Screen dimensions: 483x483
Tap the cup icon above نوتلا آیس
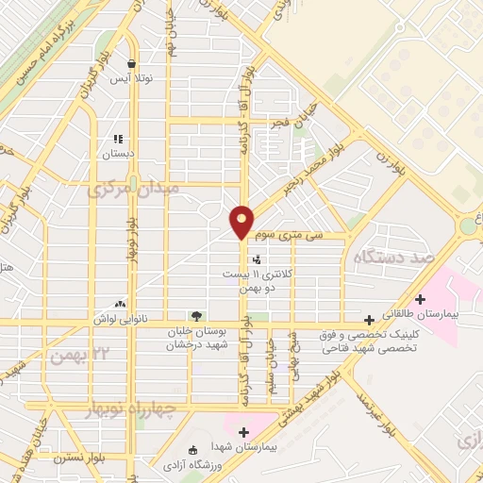click(x=131, y=64)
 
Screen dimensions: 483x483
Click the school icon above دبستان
click(x=118, y=138)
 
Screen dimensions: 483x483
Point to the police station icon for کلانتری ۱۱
click(x=257, y=258)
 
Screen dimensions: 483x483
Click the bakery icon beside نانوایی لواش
click(x=120, y=305)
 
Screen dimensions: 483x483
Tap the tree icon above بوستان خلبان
click(x=196, y=315)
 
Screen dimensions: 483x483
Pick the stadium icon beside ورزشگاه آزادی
click(x=193, y=449)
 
